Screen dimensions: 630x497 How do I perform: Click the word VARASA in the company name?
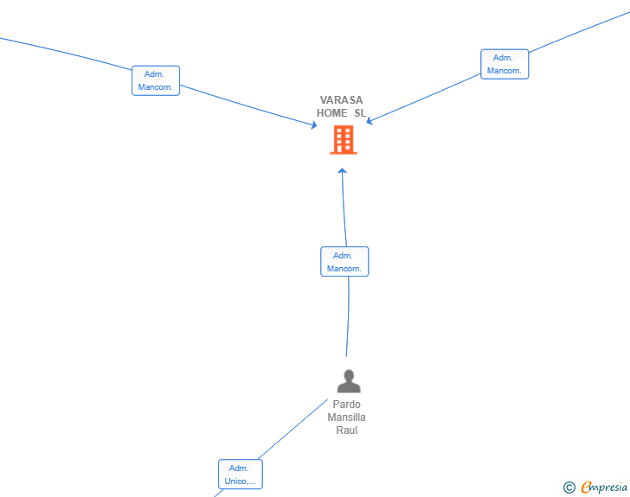pyautogui.click(x=341, y=100)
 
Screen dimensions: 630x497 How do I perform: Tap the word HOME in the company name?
pyautogui.click(x=332, y=113)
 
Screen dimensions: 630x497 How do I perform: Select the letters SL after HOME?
pyautogui.click(x=360, y=113)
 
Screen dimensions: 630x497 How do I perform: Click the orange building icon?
pyautogui.click(x=344, y=140)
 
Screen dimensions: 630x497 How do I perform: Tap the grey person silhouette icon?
pyautogui.click(x=349, y=381)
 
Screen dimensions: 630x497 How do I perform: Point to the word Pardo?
pyautogui.click(x=346, y=405)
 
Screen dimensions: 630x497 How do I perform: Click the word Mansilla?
pyautogui.click(x=346, y=417)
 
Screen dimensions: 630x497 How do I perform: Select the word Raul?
pyautogui.click(x=347, y=430)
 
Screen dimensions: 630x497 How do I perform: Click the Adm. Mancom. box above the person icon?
pyautogui.click(x=344, y=262)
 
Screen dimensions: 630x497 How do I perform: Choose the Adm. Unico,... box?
pyautogui.click(x=241, y=475)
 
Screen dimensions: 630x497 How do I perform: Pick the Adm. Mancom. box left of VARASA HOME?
pyautogui.click(x=156, y=80)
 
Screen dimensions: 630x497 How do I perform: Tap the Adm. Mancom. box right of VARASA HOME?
pyautogui.click(x=505, y=64)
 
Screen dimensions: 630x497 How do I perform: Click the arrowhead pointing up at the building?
pyautogui.click(x=342, y=170)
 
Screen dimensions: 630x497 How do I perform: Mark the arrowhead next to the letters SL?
pyautogui.click(x=370, y=120)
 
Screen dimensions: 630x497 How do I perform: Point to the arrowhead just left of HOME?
pyautogui.click(x=314, y=124)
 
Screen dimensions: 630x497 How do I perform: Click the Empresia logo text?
pyautogui.click(x=604, y=487)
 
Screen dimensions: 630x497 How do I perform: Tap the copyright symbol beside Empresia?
pyautogui.click(x=569, y=487)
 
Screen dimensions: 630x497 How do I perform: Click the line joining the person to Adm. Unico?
pyautogui.click(x=292, y=430)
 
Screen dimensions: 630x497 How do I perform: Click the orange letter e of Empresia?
pyautogui.click(x=586, y=487)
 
